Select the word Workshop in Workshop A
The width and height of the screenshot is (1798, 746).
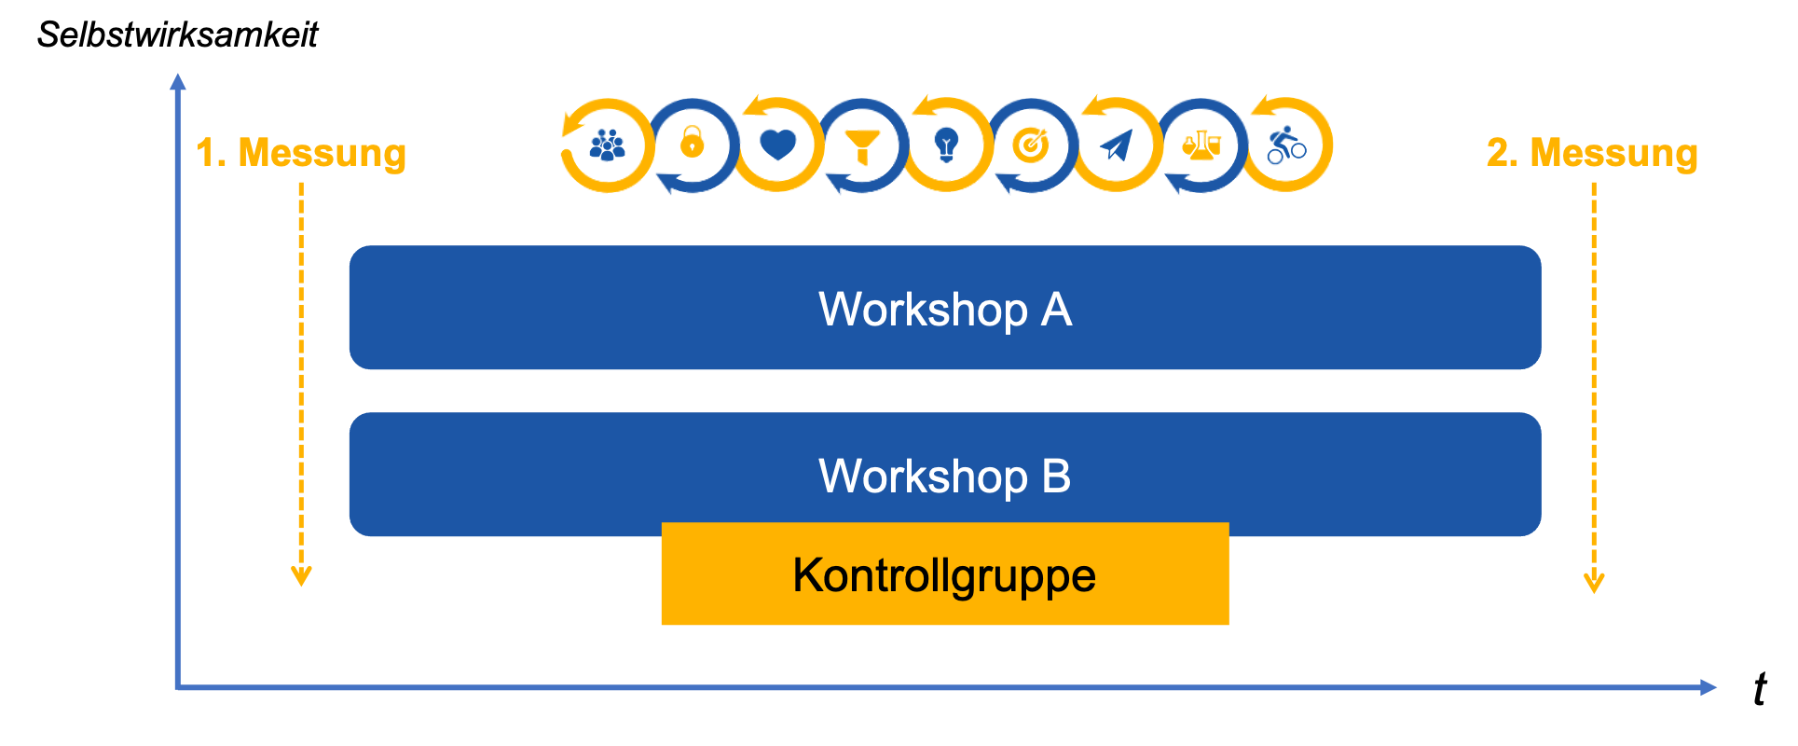[923, 310]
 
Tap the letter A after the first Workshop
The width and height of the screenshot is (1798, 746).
[1056, 310]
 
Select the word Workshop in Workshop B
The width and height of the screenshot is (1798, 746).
[923, 476]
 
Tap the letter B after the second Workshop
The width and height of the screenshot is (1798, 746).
[1056, 476]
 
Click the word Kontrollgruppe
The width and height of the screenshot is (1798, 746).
[943, 575]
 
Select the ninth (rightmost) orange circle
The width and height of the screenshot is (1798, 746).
[1282, 145]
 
